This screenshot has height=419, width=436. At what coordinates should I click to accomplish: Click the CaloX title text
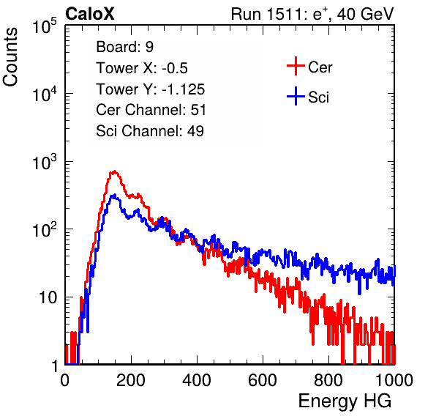click(x=90, y=14)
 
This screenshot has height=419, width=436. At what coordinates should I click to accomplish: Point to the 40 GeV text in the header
click(x=365, y=14)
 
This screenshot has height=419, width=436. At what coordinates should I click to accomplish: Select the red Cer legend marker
click(x=296, y=66)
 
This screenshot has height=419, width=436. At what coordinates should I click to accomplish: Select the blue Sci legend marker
click(x=296, y=97)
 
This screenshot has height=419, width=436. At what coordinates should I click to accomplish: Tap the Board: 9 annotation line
click(x=124, y=47)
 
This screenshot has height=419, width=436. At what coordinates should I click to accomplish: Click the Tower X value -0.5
click(x=175, y=68)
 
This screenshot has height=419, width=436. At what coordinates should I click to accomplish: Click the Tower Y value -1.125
click(x=184, y=89)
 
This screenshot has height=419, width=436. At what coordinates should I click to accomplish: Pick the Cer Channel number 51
click(x=198, y=110)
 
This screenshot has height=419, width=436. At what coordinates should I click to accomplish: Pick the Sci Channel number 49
click(x=195, y=131)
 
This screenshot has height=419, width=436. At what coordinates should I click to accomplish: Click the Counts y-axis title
click(x=10, y=57)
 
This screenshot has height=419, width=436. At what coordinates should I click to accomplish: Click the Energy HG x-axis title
click(x=345, y=401)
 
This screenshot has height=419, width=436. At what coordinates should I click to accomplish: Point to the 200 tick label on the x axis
click(x=131, y=380)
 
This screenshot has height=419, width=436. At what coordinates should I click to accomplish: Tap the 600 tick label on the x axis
click(x=263, y=380)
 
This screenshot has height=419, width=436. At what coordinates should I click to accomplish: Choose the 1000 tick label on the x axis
click(x=394, y=380)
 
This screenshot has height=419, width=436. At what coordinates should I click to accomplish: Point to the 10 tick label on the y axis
click(x=48, y=297)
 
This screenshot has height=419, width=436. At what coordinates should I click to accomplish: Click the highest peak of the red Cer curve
click(x=114, y=171)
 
